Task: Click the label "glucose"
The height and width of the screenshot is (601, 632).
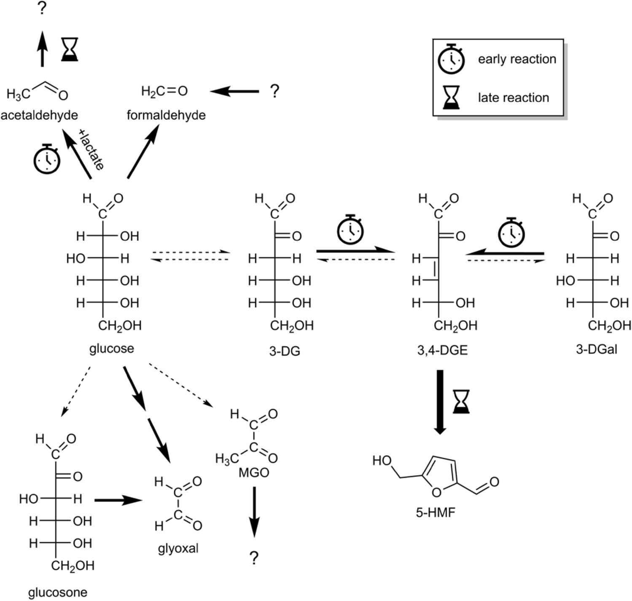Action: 111,349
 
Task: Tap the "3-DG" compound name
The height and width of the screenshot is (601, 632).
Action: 285,351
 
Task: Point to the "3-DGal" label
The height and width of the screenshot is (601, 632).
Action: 596,349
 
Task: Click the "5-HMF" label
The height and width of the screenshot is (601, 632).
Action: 436,513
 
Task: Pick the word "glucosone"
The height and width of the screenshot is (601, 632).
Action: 58,592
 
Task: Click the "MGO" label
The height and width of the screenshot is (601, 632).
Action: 253,472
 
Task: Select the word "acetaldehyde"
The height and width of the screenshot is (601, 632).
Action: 39,115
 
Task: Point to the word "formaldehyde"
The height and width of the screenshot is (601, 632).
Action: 166,115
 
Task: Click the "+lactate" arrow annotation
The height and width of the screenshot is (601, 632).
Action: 91,150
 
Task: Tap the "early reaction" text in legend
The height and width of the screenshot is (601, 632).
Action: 516,59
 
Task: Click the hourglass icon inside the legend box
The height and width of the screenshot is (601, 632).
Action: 451,97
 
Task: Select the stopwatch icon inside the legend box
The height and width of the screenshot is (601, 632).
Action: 451,60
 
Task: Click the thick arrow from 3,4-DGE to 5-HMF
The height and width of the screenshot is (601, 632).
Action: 440,401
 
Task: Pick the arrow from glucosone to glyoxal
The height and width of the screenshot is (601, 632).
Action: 118,500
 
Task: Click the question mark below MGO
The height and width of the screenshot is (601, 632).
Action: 253,558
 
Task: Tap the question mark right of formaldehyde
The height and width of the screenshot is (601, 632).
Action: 274,91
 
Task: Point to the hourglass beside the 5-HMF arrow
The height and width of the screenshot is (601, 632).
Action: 461,401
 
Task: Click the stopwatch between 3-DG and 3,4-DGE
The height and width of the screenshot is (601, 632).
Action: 350,230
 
